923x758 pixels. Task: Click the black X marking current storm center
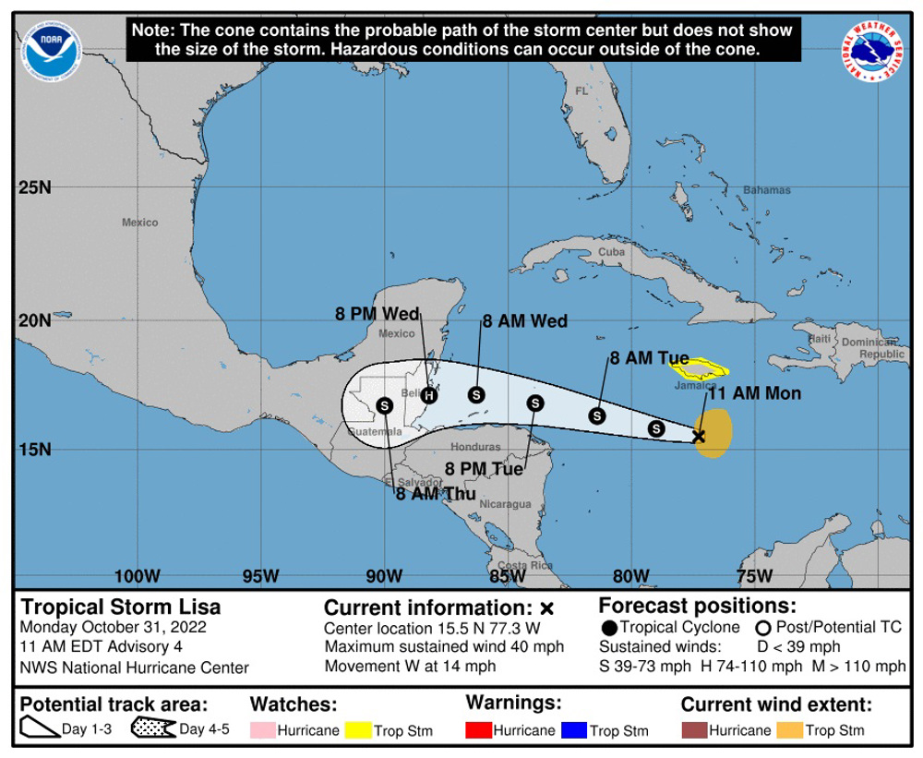tap(699, 436)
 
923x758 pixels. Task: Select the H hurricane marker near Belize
tap(429, 395)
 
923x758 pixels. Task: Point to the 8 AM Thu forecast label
tap(436, 494)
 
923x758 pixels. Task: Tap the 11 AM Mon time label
tap(753, 393)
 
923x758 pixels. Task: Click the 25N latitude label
tap(34, 188)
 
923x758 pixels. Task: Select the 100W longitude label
tap(138, 576)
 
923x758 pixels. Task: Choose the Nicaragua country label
tap(505, 504)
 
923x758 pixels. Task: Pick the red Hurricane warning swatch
tap(478, 730)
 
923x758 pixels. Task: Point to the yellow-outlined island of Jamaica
tap(699, 370)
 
